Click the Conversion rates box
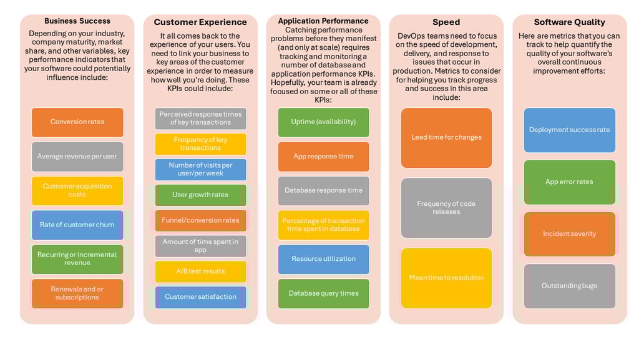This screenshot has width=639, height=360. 77,122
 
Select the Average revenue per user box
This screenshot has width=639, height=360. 77,157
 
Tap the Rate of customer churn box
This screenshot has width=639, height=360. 77,225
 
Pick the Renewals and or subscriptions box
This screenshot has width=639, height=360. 77,293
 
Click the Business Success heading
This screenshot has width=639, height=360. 77,21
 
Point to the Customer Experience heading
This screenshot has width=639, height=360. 200,22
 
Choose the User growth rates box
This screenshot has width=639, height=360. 200,195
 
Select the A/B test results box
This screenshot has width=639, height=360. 200,271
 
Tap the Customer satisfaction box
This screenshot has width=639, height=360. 200,297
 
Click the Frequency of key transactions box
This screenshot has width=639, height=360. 200,144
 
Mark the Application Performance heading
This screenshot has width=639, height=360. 323,21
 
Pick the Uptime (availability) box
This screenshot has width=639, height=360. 324,122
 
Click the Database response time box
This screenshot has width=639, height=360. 324,190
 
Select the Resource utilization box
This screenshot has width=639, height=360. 324,259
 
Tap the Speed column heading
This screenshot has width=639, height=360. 446,22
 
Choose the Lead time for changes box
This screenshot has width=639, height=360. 447,138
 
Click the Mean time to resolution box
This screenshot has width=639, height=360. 447,278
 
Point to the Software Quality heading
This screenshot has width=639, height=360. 569,22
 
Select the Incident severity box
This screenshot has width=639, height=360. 570,234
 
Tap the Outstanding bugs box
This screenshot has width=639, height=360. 570,286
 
